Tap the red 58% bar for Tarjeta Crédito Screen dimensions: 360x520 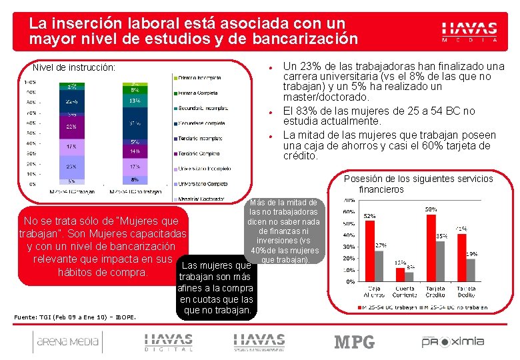[x=431, y=247]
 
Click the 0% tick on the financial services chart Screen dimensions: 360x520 [x=349, y=281]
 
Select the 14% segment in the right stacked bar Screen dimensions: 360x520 [x=135, y=151]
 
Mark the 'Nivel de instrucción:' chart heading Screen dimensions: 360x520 [x=74, y=67]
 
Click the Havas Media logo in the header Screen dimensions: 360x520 [x=469, y=31]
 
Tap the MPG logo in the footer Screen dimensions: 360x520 [x=354, y=342]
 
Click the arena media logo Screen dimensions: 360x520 [x=66, y=342]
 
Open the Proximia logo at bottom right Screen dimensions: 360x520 [x=453, y=341]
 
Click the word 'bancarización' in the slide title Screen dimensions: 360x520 [x=304, y=39]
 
